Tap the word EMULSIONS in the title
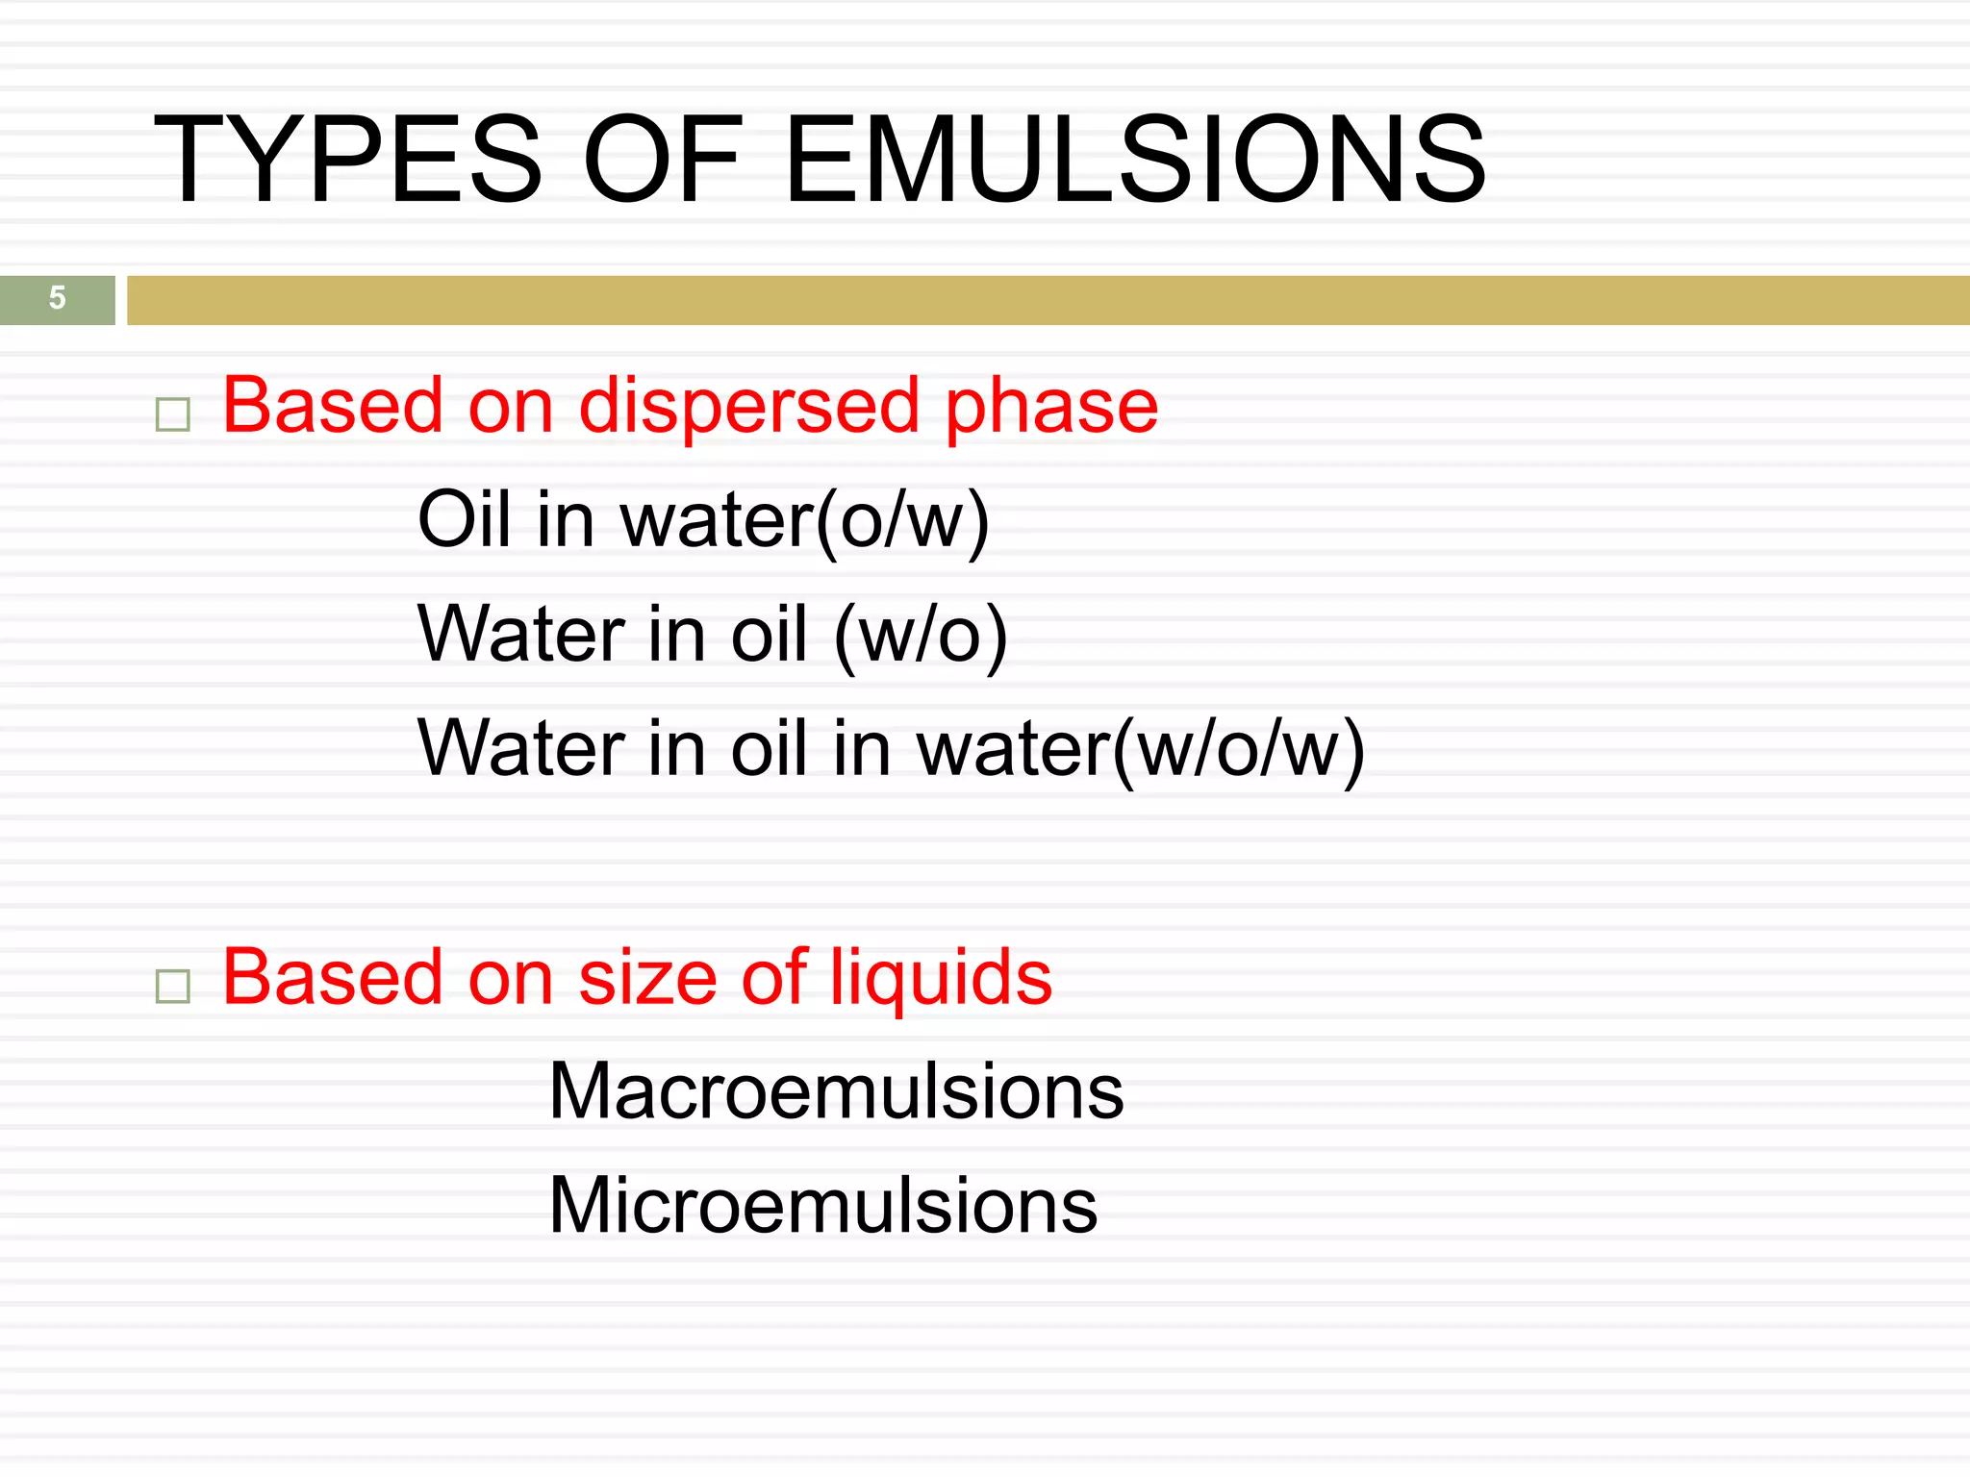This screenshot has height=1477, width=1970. [x=1135, y=160]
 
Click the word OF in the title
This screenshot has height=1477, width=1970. [x=663, y=160]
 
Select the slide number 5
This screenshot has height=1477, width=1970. [x=58, y=298]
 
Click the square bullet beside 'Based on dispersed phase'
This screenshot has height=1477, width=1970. [x=173, y=414]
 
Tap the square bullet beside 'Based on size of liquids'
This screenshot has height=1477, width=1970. [x=173, y=986]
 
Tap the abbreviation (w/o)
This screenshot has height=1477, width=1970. [x=921, y=637]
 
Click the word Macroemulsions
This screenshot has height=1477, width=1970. [x=836, y=1092]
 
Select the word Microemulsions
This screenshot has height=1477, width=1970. [x=822, y=1206]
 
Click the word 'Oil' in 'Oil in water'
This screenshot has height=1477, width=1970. [x=463, y=520]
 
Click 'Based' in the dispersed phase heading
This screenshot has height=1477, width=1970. [x=333, y=406]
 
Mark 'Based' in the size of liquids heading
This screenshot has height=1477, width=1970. [x=333, y=979]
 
